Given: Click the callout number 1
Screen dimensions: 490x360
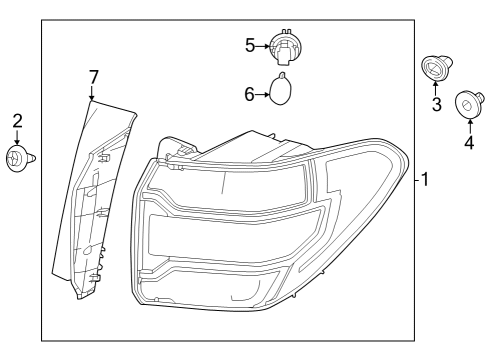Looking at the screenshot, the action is click(x=425, y=179).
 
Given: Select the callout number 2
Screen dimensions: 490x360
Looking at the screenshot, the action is click(x=17, y=121).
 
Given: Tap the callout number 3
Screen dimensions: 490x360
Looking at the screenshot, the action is click(x=437, y=104).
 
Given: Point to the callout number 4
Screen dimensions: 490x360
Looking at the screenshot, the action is click(x=469, y=142).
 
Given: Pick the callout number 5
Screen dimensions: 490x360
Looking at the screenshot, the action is click(x=250, y=45).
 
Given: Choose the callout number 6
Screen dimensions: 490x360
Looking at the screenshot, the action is click(x=249, y=94).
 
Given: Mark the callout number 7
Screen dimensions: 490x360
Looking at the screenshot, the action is click(x=94, y=77).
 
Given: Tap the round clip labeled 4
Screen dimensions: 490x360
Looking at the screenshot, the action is click(x=469, y=105).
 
